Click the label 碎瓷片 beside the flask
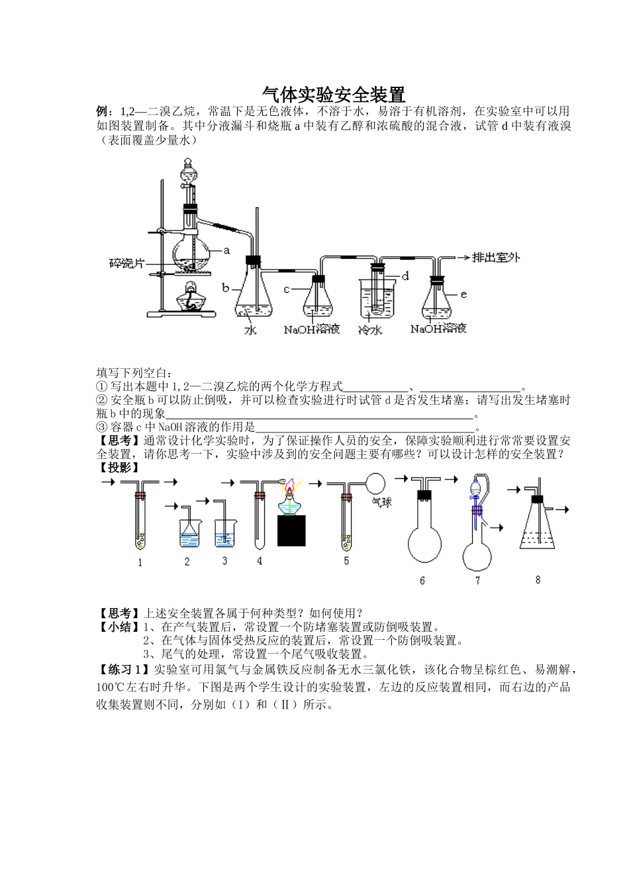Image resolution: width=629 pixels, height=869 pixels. [126, 263]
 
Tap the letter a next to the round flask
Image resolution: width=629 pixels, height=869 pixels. [226, 250]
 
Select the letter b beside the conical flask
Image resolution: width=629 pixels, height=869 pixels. [225, 289]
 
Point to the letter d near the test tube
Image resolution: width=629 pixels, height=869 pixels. [405, 276]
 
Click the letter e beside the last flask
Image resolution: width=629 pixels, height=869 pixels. [463, 294]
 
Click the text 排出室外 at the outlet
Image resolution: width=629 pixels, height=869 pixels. [496, 258]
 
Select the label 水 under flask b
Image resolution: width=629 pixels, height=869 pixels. [250, 329]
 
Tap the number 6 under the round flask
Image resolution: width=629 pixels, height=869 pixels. [422, 581]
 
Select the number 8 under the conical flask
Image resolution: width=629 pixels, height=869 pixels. [538, 580]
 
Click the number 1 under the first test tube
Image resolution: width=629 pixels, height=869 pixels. [140, 563]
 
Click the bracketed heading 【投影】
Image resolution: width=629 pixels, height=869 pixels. [119, 467]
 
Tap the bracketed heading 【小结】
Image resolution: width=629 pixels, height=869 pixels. [119, 627]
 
